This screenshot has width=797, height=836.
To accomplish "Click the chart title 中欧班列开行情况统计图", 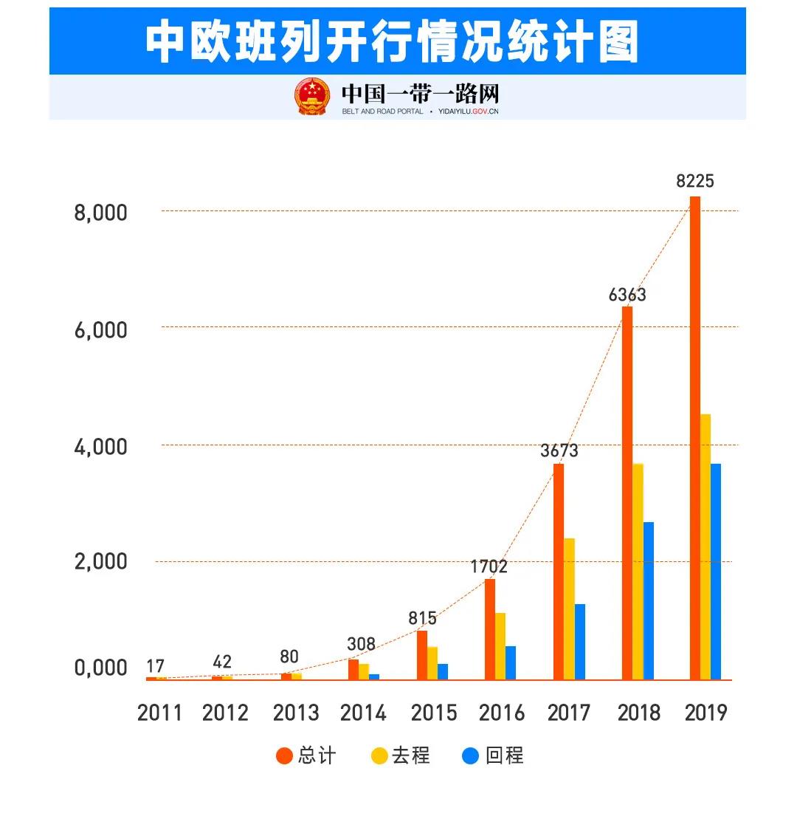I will (x=392, y=41).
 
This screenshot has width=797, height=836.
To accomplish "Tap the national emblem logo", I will (x=313, y=96).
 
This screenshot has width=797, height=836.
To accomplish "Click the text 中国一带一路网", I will (x=420, y=94).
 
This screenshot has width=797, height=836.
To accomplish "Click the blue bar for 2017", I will (x=580, y=641).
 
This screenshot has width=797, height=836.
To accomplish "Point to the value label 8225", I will (x=695, y=181).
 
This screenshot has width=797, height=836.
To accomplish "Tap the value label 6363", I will (x=627, y=295).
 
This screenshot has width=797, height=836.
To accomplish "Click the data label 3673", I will (x=559, y=450).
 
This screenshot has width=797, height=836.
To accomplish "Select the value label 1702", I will (x=489, y=566).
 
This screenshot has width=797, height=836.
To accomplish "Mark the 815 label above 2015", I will (x=422, y=618).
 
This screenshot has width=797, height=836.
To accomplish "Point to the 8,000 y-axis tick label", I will (x=101, y=213).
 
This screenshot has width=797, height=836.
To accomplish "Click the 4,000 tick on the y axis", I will (x=101, y=447).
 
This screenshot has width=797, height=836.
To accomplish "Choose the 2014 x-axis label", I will (x=363, y=713).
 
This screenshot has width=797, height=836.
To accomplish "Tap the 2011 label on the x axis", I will (x=159, y=713).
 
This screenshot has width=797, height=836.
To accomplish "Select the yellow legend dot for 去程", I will (x=379, y=756).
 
